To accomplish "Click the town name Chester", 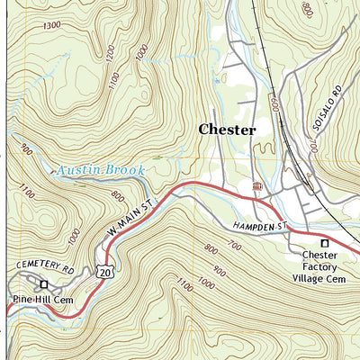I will click(x=227, y=130).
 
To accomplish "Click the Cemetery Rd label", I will click(x=44, y=265).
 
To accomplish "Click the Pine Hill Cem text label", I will click(x=42, y=299).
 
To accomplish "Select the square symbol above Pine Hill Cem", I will click(x=43, y=285).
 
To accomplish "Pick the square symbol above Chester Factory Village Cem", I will click(x=325, y=244).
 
